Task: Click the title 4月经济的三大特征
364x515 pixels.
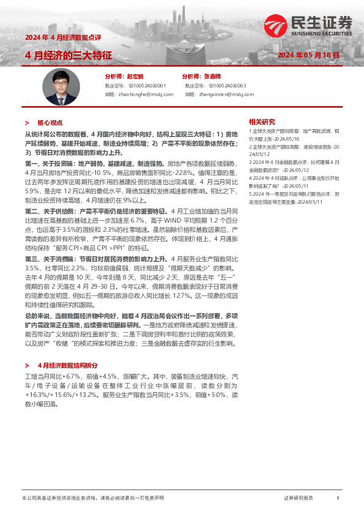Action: pos(68,55)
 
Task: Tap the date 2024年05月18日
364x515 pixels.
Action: pos(308,55)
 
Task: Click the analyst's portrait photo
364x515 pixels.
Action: pos(61,88)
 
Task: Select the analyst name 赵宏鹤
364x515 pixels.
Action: pos(135,77)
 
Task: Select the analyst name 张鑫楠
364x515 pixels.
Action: pos(214,77)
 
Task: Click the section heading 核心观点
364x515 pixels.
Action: pos(50,122)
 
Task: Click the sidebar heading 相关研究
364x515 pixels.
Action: pos(261,121)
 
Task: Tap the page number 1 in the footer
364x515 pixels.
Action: pos(338,498)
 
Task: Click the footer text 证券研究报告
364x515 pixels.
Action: pos(299,498)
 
